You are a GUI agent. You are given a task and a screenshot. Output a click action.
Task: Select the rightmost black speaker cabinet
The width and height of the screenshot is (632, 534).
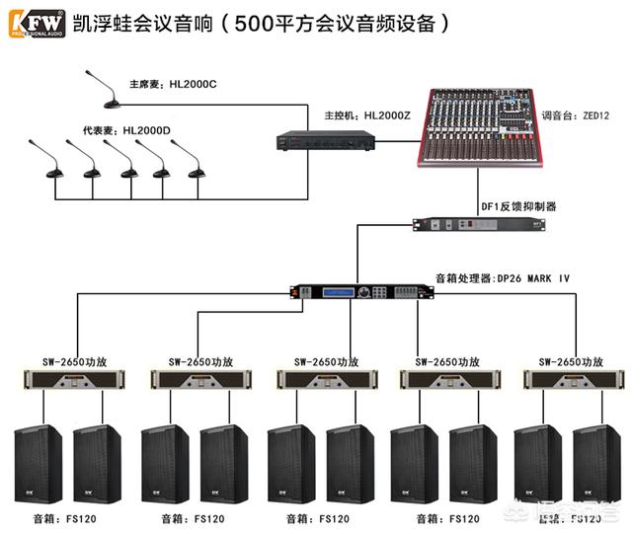click(599, 465)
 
